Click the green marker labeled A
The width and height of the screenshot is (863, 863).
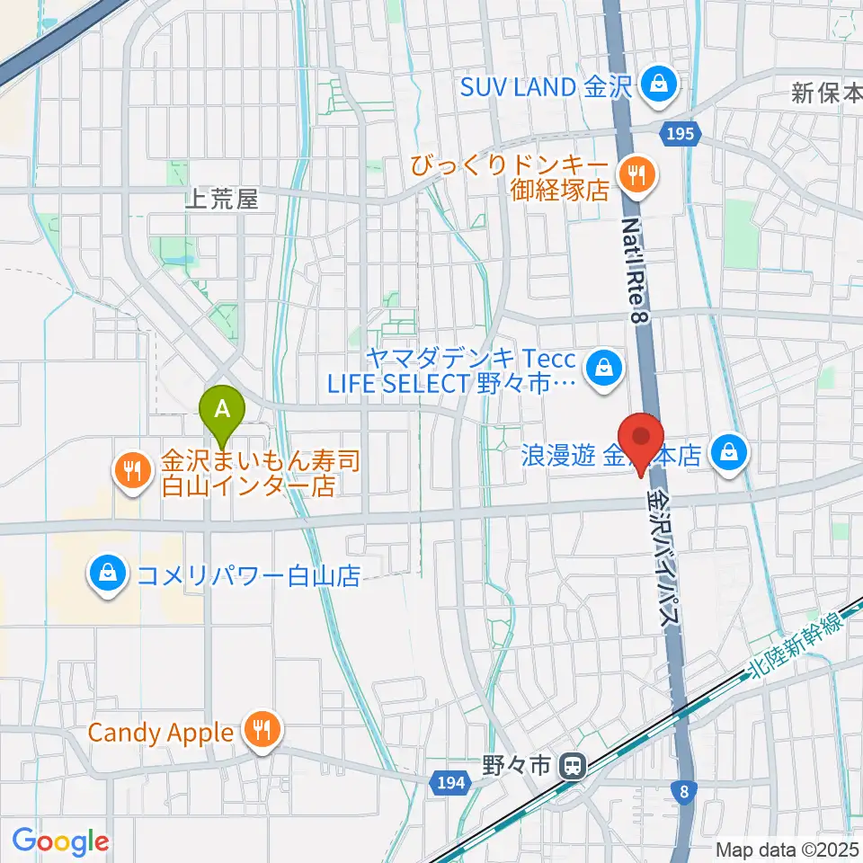(x=225, y=409)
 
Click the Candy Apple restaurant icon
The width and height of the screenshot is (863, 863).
(x=262, y=731)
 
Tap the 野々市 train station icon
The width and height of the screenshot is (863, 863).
(x=569, y=767)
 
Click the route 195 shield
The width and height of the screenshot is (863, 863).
(x=681, y=134)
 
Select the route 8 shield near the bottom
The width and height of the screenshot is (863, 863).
(x=685, y=791)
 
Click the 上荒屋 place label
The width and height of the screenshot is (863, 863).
(x=221, y=200)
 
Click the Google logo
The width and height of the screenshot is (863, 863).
(x=60, y=842)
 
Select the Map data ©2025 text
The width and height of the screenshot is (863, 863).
(x=787, y=850)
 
